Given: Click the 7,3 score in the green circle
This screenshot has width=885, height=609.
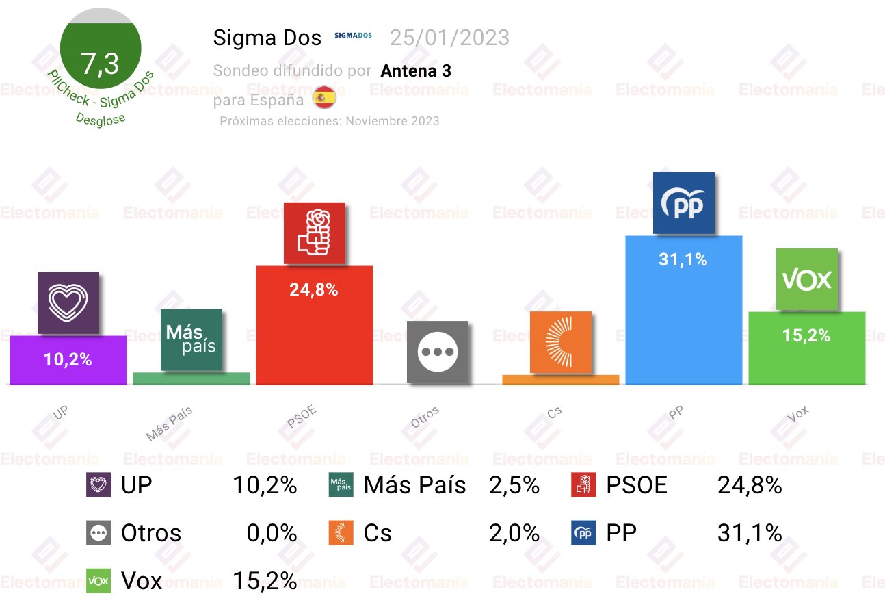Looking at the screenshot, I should click(x=100, y=64).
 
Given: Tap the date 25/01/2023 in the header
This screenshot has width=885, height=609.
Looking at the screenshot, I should click(x=449, y=38).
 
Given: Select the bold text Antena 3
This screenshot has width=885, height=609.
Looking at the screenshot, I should click(x=416, y=70).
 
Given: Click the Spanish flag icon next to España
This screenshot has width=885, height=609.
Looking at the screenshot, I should click(x=323, y=99).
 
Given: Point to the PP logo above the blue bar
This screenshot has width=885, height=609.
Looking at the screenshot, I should click(x=683, y=203).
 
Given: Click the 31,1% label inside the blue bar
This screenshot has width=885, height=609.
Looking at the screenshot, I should click(x=683, y=260).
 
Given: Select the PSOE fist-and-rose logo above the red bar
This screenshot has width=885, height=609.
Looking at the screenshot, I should click(x=315, y=233).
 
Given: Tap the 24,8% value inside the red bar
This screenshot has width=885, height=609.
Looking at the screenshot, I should click(x=314, y=290).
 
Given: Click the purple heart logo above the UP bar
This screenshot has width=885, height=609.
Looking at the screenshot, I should click(x=68, y=303).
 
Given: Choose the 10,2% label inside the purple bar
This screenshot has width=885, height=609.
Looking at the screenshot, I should click(x=68, y=359).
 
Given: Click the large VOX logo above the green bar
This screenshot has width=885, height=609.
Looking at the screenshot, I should click(x=806, y=279).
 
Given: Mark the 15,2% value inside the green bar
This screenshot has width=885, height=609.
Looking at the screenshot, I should click(x=806, y=336).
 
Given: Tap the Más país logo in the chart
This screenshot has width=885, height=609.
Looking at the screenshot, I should click(x=191, y=340).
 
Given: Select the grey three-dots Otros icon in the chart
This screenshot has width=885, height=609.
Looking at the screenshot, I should click(x=438, y=352).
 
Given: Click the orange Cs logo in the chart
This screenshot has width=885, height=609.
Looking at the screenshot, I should click(x=561, y=342).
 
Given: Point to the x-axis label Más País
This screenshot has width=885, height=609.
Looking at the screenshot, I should click(x=170, y=424).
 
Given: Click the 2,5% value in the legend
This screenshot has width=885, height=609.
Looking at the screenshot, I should click(x=514, y=486).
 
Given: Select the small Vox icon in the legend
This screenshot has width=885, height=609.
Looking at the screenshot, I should click(x=99, y=581).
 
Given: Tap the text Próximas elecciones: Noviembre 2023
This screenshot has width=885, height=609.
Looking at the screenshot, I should click(x=329, y=121).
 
